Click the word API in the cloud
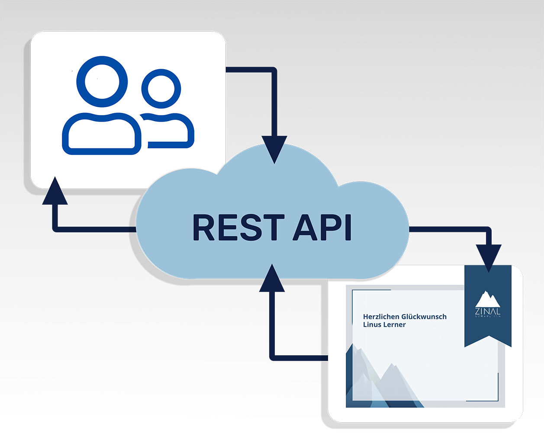[322, 228]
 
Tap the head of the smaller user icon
[161, 89]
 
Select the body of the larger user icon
[102, 134]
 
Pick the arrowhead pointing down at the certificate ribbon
[489, 257]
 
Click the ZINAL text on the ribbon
[488, 311]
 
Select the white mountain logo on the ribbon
[488, 299]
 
